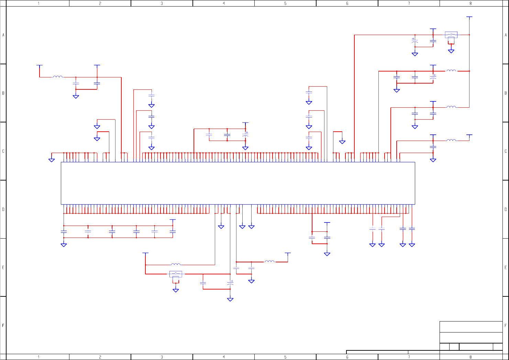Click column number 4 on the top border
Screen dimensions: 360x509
[x=224, y=3]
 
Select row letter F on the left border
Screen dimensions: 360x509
[x=3, y=325]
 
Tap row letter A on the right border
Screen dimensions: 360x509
[x=506, y=35]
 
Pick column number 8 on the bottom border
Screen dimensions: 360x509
[x=471, y=357]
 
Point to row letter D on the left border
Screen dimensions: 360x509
[x=3, y=209]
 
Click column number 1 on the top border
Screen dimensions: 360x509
[x=38, y=3]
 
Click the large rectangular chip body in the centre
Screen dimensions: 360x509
[x=238, y=183]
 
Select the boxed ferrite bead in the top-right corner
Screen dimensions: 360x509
[x=451, y=35]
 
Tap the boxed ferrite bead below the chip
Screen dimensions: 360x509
[x=176, y=274]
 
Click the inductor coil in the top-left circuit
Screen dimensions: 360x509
[x=58, y=77]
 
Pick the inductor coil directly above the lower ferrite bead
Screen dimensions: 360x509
[x=176, y=264]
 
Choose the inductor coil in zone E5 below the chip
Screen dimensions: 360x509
[x=269, y=261]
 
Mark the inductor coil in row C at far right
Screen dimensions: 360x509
[x=451, y=140]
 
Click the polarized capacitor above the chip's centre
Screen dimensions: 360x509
[x=245, y=135]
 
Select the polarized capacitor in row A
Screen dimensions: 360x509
[x=415, y=41]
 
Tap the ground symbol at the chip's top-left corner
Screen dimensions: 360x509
[x=52, y=160]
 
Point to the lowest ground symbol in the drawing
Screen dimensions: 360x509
[x=230, y=299]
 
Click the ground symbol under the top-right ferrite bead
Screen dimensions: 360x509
[x=451, y=51]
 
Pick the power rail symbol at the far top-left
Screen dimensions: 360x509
[x=40, y=65]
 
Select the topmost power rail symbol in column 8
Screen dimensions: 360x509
[x=469, y=17]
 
